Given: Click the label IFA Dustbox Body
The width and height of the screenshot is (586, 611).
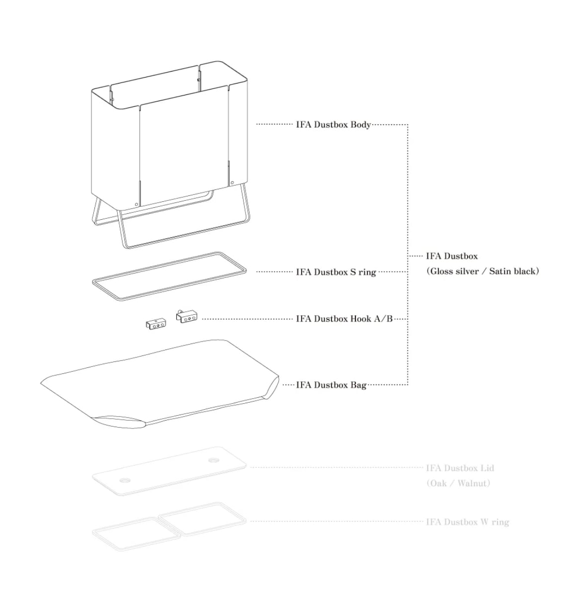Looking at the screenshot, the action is coord(333,125).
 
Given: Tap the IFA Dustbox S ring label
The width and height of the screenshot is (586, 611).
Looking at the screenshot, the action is coord(335,272).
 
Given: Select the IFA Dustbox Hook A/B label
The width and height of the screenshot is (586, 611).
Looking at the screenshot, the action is coord(344,319).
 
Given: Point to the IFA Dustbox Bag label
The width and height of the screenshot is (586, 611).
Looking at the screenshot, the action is coord(331,385).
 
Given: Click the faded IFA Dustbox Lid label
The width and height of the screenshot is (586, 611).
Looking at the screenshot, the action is coord(460,468).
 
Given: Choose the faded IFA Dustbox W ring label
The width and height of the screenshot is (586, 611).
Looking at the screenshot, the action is coord(467,522).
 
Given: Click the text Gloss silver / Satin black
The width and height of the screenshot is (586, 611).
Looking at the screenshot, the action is coord(482,271).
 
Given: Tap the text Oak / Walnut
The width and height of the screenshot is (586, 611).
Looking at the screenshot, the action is coord(458,483).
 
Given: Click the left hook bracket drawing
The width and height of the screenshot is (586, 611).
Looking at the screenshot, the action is coord(156,324).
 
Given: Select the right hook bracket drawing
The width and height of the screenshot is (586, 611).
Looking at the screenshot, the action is coord(186,316).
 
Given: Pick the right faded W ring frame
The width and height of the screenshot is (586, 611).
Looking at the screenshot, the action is coord(202,519).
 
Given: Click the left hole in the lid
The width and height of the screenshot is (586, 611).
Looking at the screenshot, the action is coord(124,481).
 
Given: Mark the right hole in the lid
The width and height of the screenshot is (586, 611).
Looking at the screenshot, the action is coord(214,460).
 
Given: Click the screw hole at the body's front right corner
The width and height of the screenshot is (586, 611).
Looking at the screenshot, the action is coord(232,183).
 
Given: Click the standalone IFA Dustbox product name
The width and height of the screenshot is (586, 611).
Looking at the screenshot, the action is coord(451,256).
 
